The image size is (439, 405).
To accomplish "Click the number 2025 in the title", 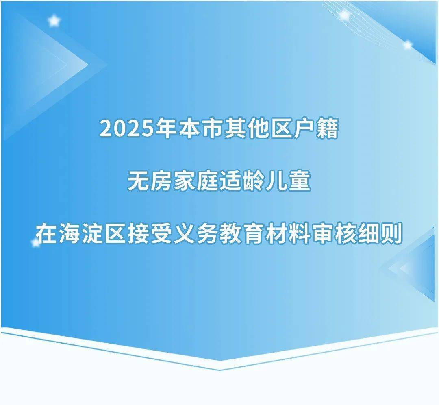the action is (128, 129).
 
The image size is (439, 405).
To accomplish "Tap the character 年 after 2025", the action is (167, 129).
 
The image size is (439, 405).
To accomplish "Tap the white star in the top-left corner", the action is (54, 21).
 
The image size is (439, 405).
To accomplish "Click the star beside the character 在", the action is (36, 242).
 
